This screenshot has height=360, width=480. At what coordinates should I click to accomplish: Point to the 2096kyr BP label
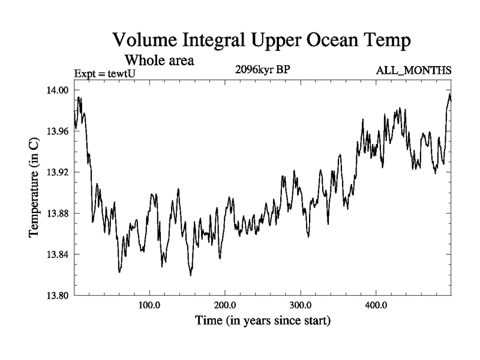pos(263,70)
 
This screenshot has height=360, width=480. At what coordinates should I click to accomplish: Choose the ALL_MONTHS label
pos(413,71)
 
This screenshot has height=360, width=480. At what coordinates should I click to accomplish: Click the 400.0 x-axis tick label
pos(376,305)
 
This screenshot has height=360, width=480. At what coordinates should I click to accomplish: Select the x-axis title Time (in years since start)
pos(263,321)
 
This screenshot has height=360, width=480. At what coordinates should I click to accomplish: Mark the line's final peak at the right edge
pos(450,94)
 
